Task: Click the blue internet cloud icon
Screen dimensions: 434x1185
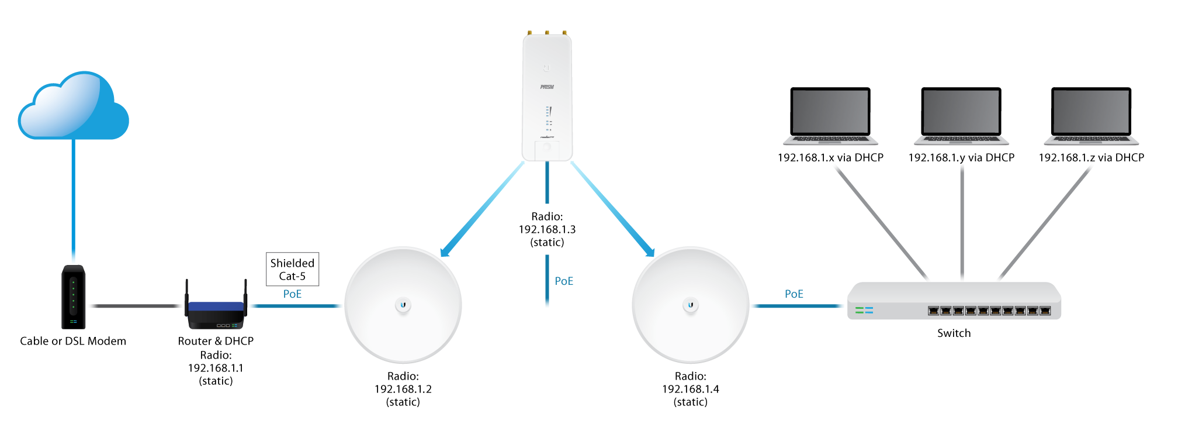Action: [x=73, y=107]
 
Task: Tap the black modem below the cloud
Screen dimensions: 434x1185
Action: [x=74, y=297]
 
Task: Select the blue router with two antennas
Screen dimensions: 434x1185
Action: [x=216, y=313]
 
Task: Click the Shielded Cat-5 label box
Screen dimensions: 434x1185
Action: [x=292, y=270]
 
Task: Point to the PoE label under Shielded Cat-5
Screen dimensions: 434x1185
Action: [x=292, y=294]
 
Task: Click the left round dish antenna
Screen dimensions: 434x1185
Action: [x=403, y=305]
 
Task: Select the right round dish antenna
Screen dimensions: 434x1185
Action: [x=690, y=305]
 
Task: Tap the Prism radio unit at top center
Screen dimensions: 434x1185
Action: [x=547, y=97]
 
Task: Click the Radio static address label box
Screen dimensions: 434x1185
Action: [x=547, y=229]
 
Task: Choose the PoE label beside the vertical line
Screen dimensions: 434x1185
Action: [x=564, y=281]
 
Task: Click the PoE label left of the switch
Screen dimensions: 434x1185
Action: [x=794, y=294]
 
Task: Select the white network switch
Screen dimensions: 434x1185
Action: [x=954, y=302]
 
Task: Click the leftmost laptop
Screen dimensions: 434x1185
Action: [x=830, y=117]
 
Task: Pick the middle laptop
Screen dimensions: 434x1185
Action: [x=961, y=117]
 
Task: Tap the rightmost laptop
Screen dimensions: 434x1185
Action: [x=1091, y=117]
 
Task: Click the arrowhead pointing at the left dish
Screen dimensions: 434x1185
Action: [x=445, y=252]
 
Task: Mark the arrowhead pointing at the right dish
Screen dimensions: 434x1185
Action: [x=649, y=252]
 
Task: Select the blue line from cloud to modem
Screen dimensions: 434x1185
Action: [x=73, y=202]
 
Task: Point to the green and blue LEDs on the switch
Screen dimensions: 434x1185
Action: [x=864, y=310]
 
